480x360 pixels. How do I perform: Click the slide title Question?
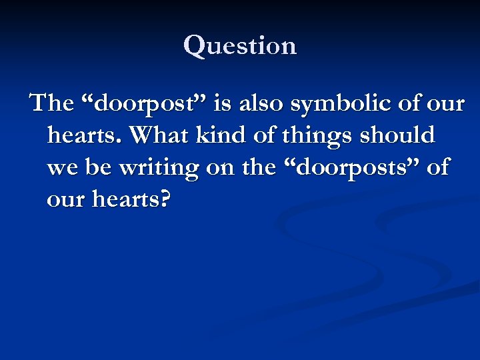(240, 45)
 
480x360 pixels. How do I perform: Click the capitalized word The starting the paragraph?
(51, 103)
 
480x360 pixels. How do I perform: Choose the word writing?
(159, 168)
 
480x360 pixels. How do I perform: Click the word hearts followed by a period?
(83, 135)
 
